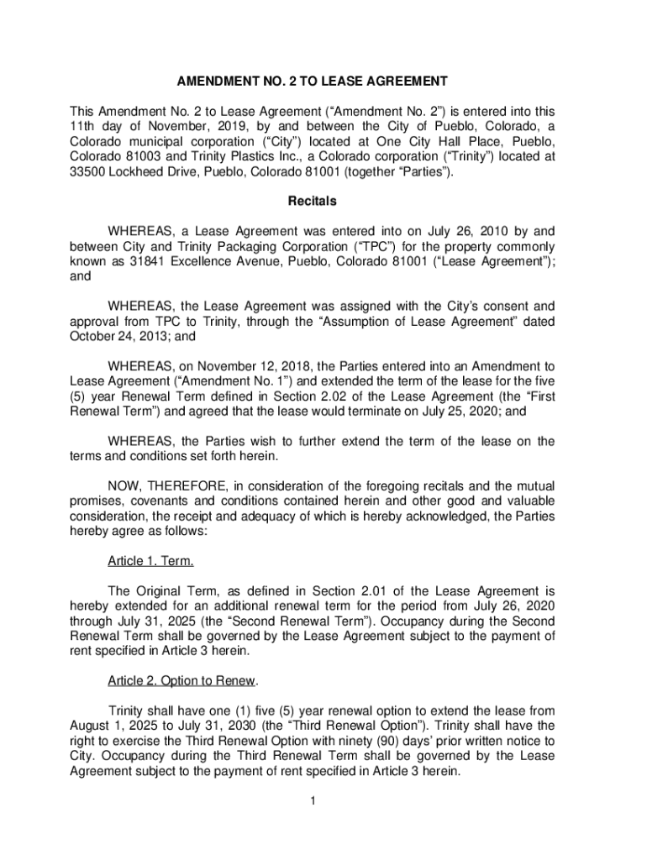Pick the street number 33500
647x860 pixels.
(x=87, y=172)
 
